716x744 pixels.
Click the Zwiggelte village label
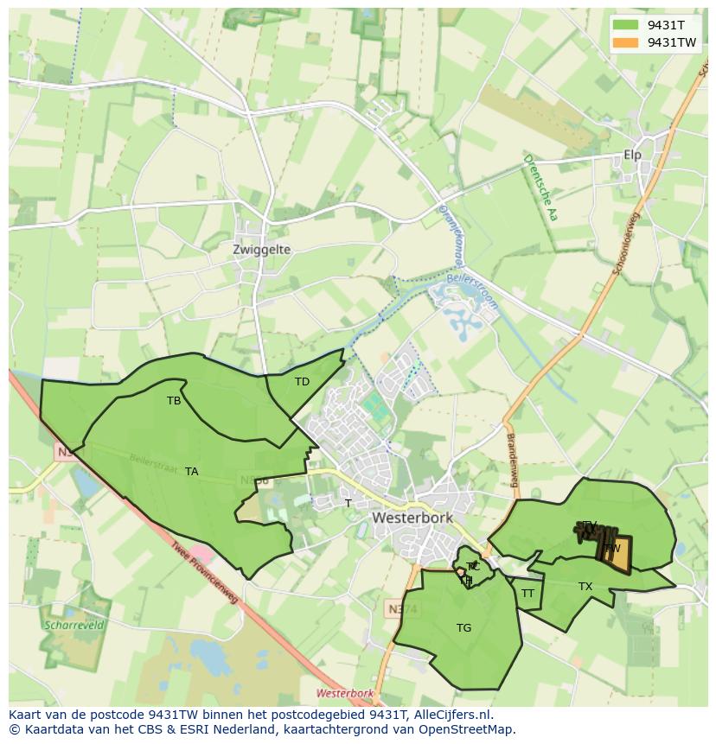[x=261, y=250]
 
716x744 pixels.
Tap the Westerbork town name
[x=412, y=518]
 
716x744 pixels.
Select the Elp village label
[x=632, y=156]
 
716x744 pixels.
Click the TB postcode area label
[x=174, y=401]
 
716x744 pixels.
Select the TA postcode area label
[x=191, y=472]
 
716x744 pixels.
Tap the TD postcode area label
[x=302, y=382]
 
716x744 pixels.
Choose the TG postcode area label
[x=463, y=628]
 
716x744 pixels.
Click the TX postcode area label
[x=585, y=587]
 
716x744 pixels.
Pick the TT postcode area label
[x=527, y=594]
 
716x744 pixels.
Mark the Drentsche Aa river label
[x=539, y=188]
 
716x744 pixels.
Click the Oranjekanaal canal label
[x=451, y=233]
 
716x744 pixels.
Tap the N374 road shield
[x=394, y=610]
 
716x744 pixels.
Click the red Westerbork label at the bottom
[x=344, y=694]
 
